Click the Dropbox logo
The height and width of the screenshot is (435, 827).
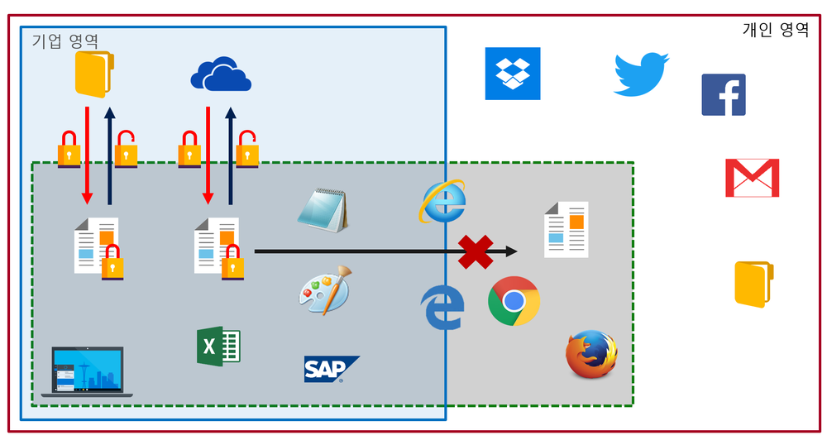[512, 74]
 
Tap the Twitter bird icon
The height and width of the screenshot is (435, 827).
[641, 74]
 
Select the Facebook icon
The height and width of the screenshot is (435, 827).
[724, 94]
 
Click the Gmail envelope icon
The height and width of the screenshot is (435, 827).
[752, 177]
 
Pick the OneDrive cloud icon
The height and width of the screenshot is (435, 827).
[221, 75]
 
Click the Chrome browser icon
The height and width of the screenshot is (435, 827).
[514, 301]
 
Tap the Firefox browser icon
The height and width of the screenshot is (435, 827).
[591, 354]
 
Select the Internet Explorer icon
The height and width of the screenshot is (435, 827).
[442, 201]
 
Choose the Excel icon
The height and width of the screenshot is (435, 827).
[218, 346]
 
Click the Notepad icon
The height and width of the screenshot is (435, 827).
[323, 209]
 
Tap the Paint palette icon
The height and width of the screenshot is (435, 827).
[324, 290]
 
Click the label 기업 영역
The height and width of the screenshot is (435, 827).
[65, 40]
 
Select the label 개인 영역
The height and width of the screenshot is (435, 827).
[776, 31]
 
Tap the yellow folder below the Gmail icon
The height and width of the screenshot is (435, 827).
[753, 284]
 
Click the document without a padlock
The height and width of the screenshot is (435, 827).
[566, 229]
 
